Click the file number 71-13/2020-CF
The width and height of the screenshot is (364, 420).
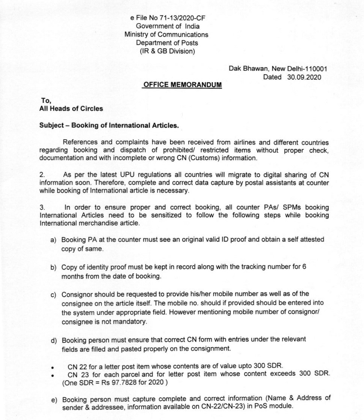point(184,18)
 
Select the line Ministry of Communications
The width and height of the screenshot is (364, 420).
point(166,35)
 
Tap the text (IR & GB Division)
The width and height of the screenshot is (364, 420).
point(168,51)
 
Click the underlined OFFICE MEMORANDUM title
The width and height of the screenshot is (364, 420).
point(183,85)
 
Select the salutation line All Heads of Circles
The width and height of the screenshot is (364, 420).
point(71,108)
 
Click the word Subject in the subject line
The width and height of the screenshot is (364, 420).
point(51,125)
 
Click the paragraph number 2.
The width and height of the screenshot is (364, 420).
point(42,175)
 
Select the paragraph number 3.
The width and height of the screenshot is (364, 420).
point(42,207)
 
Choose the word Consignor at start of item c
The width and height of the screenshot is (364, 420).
point(77,294)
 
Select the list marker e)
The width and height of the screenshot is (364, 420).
point(54,400)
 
